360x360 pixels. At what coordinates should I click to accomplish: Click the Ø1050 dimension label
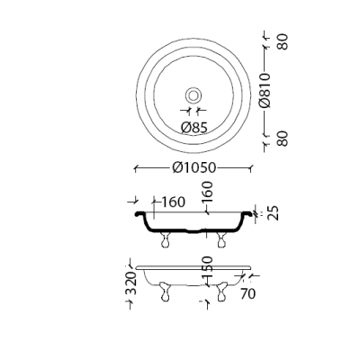(x=194, y=167)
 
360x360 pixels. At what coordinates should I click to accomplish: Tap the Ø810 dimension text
(x=265, y=90)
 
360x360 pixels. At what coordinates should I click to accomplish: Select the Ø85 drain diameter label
(x=194, y=128)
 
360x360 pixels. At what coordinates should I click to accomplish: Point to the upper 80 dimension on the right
(x=283, y=41)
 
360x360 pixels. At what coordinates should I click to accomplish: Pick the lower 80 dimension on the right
(x=283, y=139)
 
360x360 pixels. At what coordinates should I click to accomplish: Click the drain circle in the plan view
(x=193, y=95)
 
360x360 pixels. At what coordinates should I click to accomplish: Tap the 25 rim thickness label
(x=273, y=213)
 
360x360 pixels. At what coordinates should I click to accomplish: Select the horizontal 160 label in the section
(x=174, y=202)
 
